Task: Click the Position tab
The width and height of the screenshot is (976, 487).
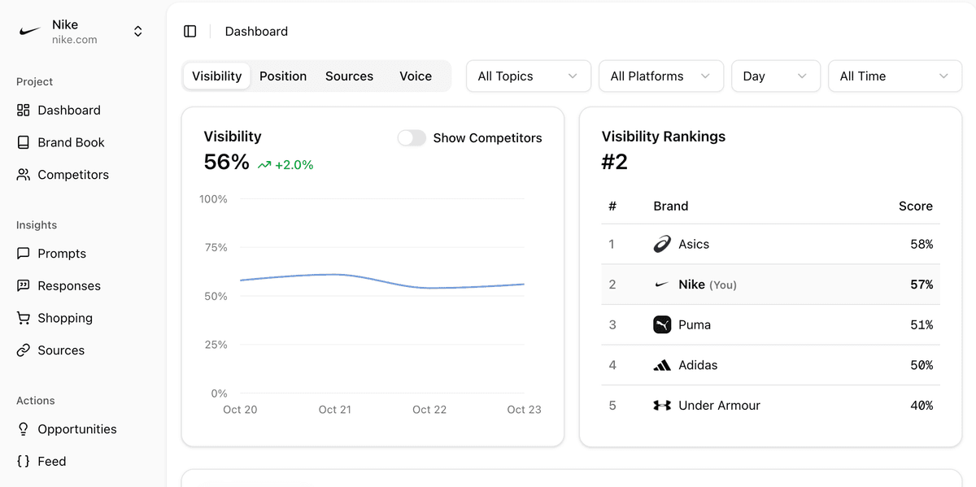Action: [x=283, y=76]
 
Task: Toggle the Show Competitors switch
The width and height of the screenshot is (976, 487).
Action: [x=412, y=138]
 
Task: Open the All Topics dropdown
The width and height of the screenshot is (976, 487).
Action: [x=528, y=76]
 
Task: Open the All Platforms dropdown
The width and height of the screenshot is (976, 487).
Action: [x=660, y=76]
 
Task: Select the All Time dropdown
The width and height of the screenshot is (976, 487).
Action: [x=895, y=76]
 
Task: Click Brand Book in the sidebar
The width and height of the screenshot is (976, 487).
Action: [x=71, y=142]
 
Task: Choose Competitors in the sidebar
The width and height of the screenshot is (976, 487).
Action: [x=72, y=175]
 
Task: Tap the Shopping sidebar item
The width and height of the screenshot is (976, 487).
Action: [x=64, y=318]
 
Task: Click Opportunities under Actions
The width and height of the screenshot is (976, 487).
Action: [x=76, y=429]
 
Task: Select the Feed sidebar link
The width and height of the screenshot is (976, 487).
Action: [x=51, y=461]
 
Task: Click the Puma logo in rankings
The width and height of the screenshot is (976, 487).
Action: [x=662, y=324]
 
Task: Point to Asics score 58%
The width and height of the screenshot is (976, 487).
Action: [x=922, y=244]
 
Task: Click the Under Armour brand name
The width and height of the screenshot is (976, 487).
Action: [x=719, y=405]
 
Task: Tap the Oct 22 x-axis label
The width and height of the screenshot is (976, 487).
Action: [x=429, y=409]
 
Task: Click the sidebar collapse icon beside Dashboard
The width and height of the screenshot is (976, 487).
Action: [x=190, y=31]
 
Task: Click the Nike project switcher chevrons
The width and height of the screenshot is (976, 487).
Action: [x=138, y=31]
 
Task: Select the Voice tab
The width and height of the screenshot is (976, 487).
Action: [x=416, y=76]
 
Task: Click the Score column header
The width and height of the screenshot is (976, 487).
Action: [x=915, y=206]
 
